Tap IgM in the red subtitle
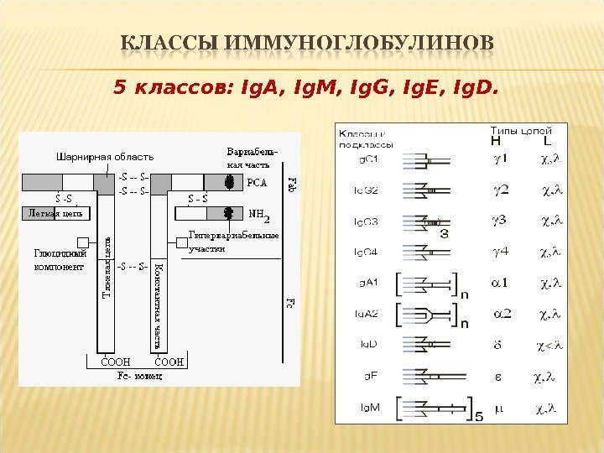click(x=290, y=86)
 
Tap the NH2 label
click(x=257, y=216)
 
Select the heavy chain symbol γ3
click(x=500, y=220)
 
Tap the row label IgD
click(x=369, y=344)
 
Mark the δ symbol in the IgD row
click(x=498, y=343)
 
